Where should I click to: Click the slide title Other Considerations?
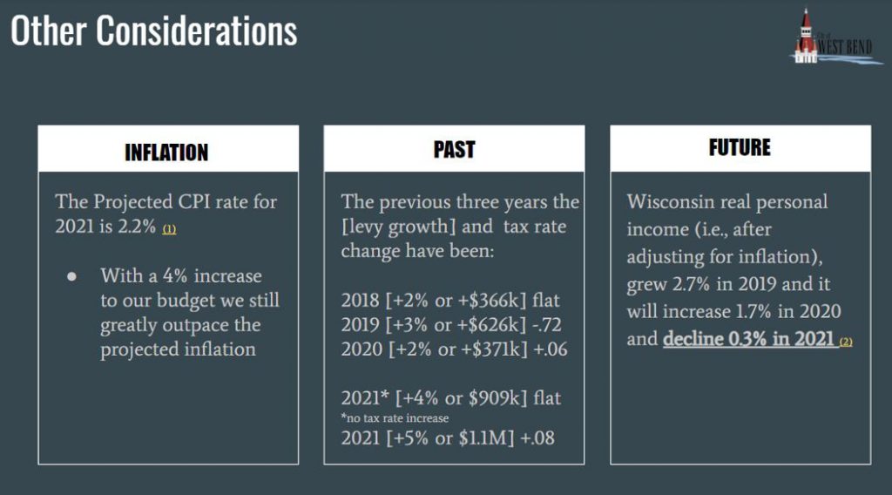click(x=153, y=31)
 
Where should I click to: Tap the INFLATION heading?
click(x=166, y=153)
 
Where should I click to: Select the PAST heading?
click(x=454, y=149)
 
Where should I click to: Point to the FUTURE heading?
click(x=740, y=147)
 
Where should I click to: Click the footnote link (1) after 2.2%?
click(x=170, y=229)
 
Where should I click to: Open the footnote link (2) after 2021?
click(x=846, y=342)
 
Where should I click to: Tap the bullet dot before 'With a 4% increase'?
click(x=71, y=276)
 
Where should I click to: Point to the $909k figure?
click(x=490, y=397)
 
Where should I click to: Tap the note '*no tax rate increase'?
click(x=395, y=418)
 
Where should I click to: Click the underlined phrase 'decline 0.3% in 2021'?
click(x=748, y=338)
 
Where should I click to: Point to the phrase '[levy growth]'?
click(x=398, y=227)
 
